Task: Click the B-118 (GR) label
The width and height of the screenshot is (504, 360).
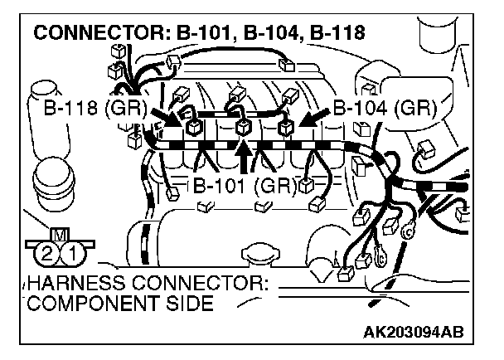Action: (x=94, y=108)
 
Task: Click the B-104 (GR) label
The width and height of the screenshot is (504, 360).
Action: (x=379, y=108)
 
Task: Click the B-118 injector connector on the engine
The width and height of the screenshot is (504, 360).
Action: (x=194, y=129)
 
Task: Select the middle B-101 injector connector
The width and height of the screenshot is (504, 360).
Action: (x=243, y=129)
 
